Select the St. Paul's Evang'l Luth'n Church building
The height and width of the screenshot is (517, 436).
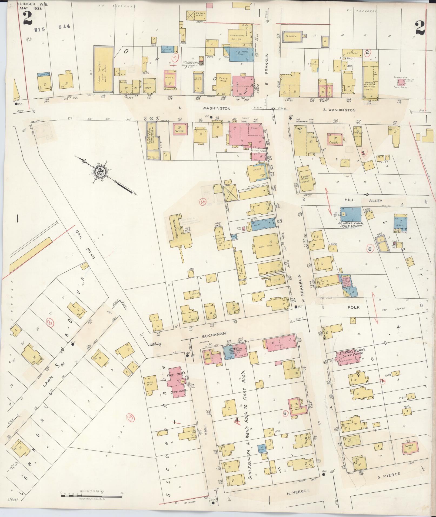click(349, 359)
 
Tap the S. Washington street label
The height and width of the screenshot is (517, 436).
click(339, 110)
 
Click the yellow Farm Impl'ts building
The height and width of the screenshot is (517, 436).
click(103, 69)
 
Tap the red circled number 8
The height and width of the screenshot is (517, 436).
click(50, 323)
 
